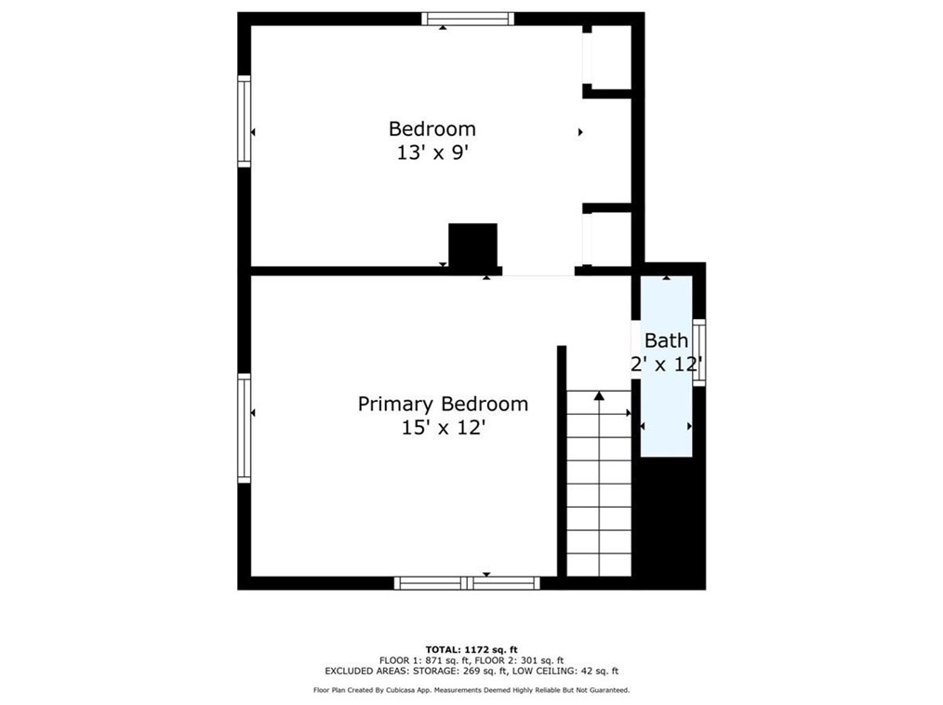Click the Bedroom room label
click(432, 129)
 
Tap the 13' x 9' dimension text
click(432, 153)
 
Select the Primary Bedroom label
click(443, 404)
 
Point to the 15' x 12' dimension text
click(443, 428)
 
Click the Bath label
click(666, 340)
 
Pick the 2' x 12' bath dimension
click(666, 365)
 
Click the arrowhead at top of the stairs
click(599, 396)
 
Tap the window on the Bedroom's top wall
click(467, 19)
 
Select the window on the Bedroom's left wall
click(245, 122)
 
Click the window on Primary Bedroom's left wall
click(245, 427)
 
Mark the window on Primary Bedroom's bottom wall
click(467, 583)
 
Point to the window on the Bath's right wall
click(699, 352)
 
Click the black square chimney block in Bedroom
click(472, 246)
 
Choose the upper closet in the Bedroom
click(611, 57)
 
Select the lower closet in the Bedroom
click(611, 239)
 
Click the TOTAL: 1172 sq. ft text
click(471, 649)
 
